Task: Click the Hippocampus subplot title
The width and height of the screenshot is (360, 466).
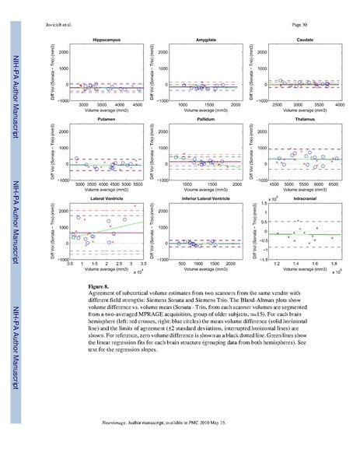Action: [x=106, y=37]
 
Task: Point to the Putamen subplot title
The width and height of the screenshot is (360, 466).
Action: [x=106, y=121]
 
